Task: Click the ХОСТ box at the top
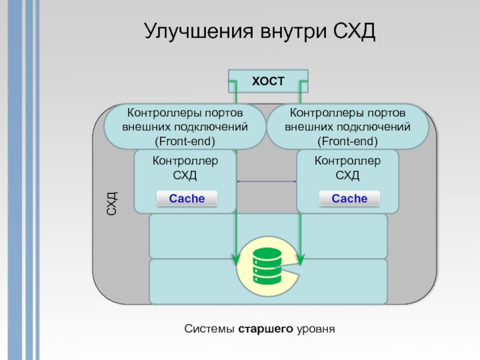(268, 81)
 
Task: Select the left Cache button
(187, 199)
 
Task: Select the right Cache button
(349, 199)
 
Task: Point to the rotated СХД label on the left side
(112, 203)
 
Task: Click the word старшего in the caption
(266, 329)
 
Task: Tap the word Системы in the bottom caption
(210, 329)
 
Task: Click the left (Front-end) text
(185, 141)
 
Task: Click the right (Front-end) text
(347, 141)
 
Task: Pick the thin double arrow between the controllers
(267, 181)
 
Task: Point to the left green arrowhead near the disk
(234, 259)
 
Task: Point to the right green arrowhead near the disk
(300, 259)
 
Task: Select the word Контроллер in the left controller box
(185, 161)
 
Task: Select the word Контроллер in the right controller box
(347, 161)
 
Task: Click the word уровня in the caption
(314, 329)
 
